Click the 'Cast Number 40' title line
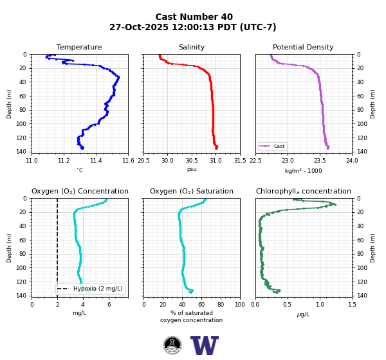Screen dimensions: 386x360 194,17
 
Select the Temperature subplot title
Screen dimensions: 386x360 79,47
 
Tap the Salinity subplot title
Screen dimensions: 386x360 192,47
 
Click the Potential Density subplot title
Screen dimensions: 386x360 303,47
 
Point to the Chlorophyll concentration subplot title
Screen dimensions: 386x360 303,191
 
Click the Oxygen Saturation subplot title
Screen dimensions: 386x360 192,191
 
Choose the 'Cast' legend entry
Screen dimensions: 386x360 272,146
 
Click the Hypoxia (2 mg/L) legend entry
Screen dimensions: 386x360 90,289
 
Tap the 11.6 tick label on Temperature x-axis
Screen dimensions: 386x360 128,161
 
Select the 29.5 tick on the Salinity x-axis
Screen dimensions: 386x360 143,161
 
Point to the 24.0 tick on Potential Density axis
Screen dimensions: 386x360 352,161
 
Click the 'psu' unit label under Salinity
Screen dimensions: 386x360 192,169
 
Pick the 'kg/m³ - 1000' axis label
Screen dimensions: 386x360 303,170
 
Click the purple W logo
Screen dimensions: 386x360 205,345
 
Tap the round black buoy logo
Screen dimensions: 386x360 172,345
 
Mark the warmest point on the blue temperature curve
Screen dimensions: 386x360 118,77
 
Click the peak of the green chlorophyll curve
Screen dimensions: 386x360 335,204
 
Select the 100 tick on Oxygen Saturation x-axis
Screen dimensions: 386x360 240,305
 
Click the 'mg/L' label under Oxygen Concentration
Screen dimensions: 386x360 80,313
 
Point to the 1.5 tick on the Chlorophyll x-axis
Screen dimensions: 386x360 352,305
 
